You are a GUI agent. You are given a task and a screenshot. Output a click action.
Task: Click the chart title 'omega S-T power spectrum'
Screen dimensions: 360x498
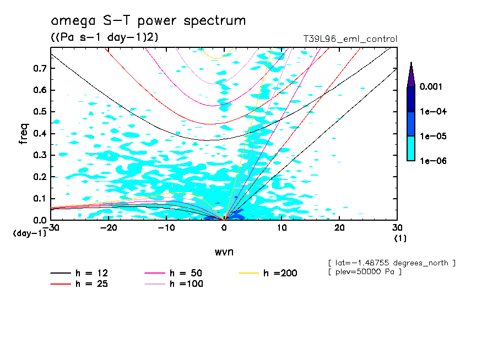pos(148,21)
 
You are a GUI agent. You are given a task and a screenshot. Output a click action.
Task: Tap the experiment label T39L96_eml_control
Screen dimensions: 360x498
pos(350,39)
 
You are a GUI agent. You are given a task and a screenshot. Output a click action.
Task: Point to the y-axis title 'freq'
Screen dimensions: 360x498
pos(24,133)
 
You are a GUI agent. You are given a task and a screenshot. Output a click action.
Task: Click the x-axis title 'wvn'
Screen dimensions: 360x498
pos(224,252)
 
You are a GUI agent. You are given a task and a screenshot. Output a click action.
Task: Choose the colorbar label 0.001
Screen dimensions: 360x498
pos(432,87)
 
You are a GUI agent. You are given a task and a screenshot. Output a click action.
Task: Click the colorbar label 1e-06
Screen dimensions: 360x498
pos(432,161)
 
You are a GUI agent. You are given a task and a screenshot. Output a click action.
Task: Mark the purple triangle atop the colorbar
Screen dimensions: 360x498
pos(411,74)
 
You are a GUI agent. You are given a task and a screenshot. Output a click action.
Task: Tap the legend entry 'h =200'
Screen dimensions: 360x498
pos(269,273)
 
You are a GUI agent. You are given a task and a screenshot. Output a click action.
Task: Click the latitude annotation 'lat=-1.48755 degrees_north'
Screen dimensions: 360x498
pos(391,263)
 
